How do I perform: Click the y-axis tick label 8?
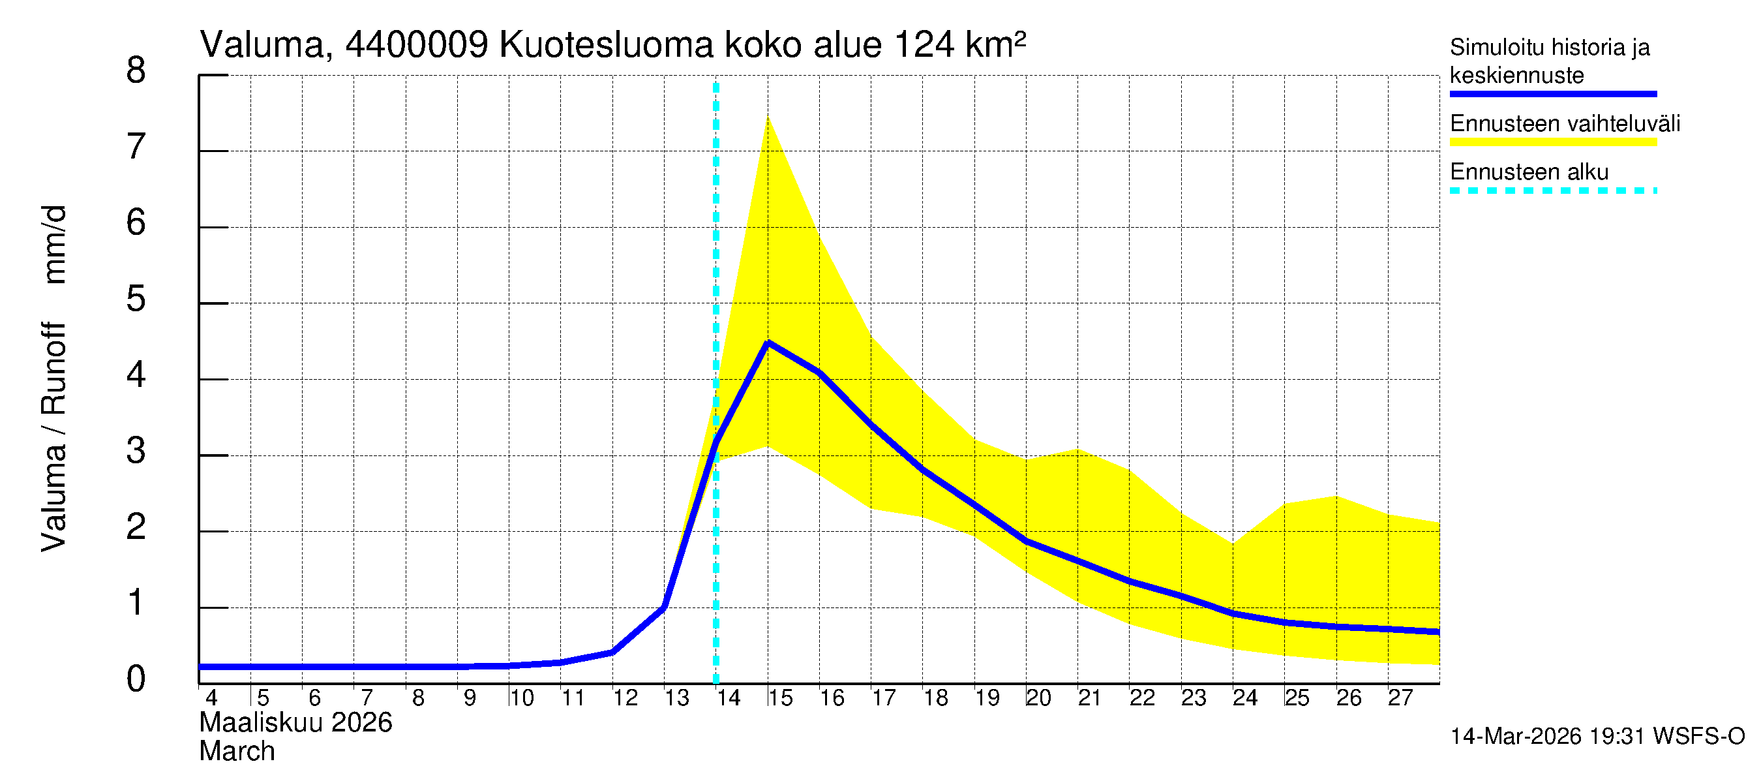(x=136, y=70)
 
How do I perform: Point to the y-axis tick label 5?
(x=136, y=299)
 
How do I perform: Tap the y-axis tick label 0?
(x=136, y=679)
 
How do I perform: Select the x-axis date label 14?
(x=728, y=698)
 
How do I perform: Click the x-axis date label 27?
(x=1400, y=698)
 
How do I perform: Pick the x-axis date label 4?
(x=211, y=698)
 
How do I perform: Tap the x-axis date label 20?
(x=1038, y=698)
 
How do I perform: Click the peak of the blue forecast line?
(x=768, y=343)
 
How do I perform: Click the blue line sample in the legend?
(x=1552, y=94)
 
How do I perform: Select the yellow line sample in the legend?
(x=1552, y=142)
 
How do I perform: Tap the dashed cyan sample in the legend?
(x=1552, y=191)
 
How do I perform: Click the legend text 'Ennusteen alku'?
(x=1529, y=172)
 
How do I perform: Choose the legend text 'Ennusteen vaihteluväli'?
(x=1565, y=124)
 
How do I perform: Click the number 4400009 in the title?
(x=416, y=45)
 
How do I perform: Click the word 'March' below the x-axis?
(x=237, y=752)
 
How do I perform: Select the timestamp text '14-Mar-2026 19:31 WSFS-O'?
(x=1597, y=737)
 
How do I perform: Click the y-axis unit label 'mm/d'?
(x=55, y=244)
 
